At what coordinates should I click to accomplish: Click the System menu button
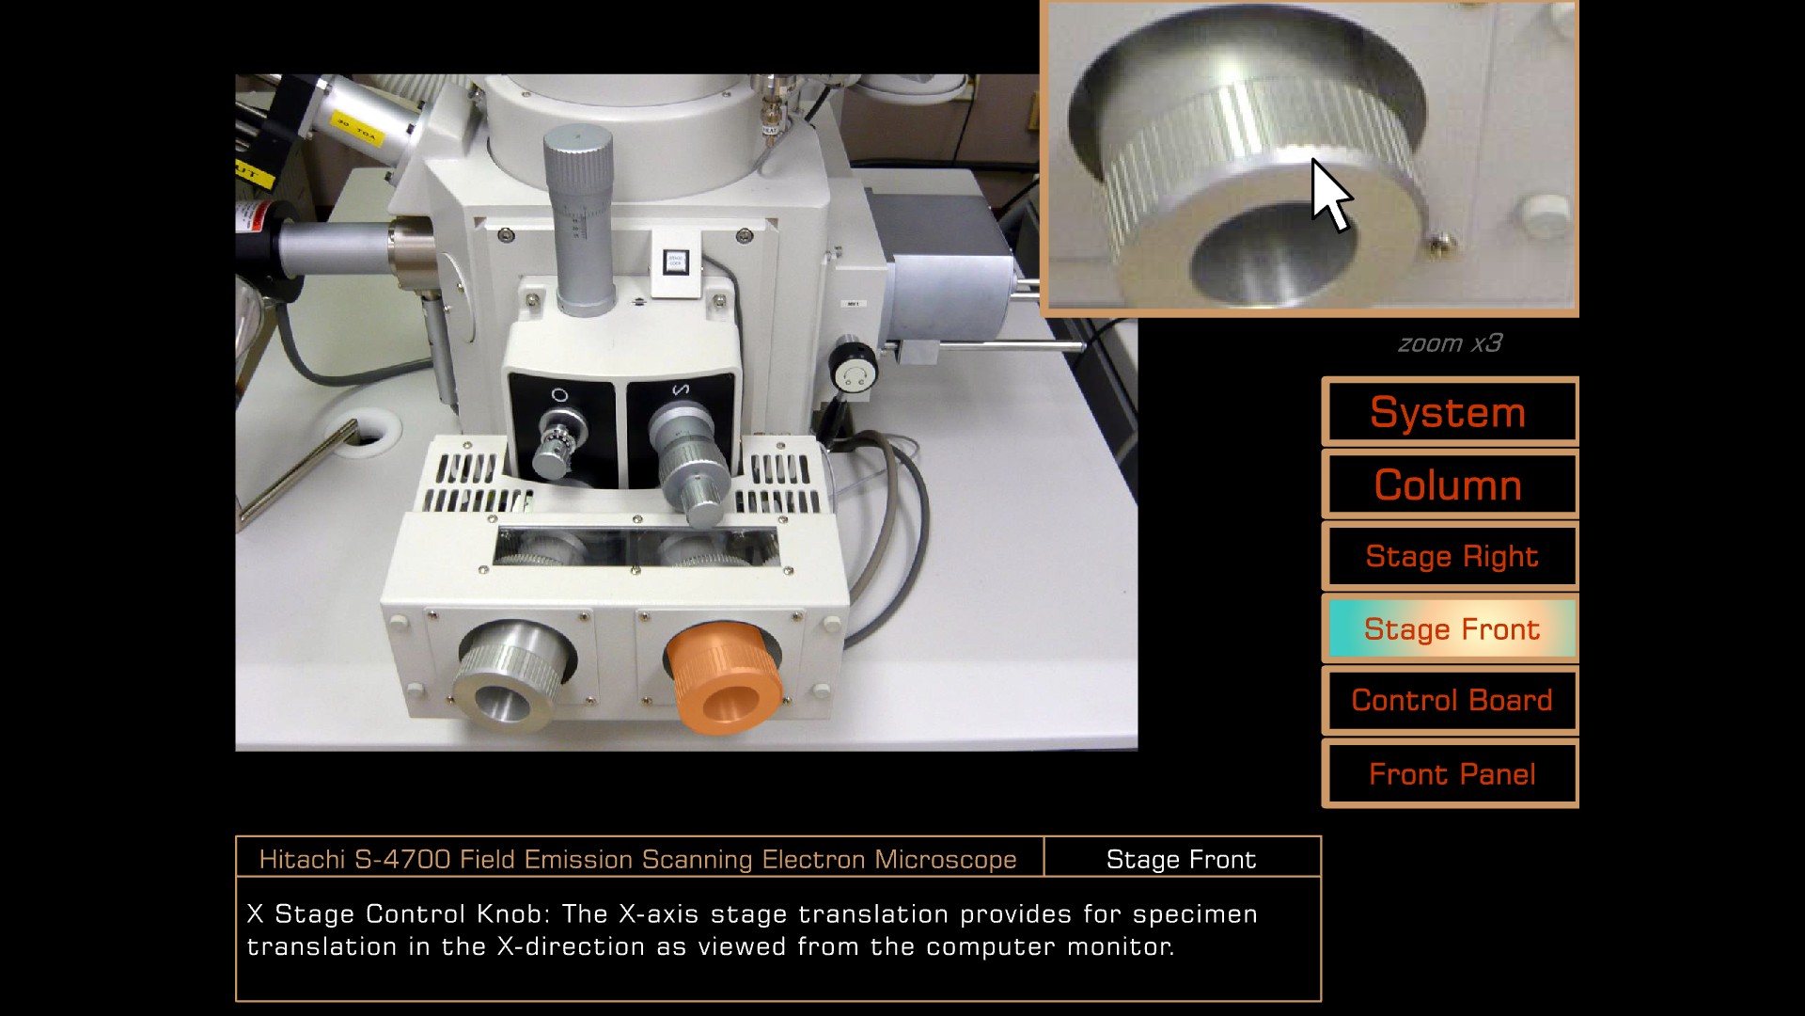[1450, 412]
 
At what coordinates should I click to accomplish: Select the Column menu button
[1450, 484]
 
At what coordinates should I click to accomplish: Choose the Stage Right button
[1450, 557]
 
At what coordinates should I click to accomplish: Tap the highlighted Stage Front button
[1450, 628]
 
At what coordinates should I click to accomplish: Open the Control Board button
[1450, 701]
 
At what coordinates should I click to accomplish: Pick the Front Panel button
[1450, 773]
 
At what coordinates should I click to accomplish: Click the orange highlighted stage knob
[724, 677]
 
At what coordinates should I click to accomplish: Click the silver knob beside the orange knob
[514, 674]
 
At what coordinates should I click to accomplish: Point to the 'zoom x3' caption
[1450, 343]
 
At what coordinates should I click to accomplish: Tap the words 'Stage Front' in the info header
[1181, 859]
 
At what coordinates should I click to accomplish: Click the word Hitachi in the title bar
[302, 859]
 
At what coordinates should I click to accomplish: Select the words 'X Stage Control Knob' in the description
[400, 914]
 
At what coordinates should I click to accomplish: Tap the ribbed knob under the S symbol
[689, 461]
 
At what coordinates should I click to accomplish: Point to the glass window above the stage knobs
[636, 547]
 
